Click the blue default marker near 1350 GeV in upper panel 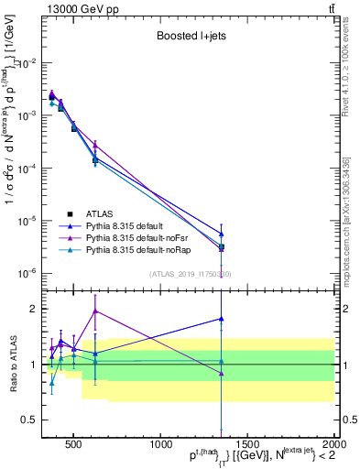pos(222,234)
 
